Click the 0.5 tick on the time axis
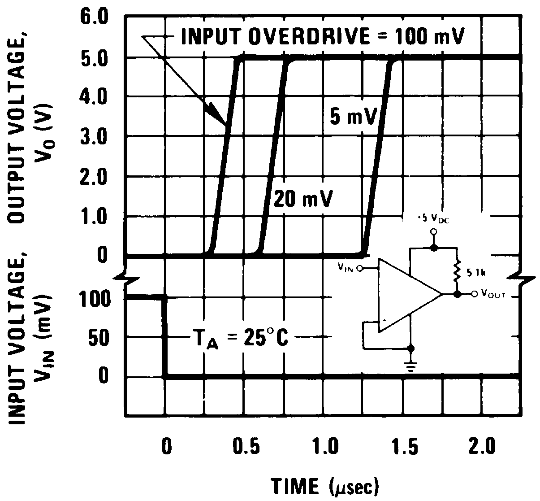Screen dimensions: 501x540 click(246, 448)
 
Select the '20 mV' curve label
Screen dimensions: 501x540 click(303, 198)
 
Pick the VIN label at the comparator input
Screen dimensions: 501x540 click(346, 268)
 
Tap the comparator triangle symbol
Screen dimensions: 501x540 click(406, 295)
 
